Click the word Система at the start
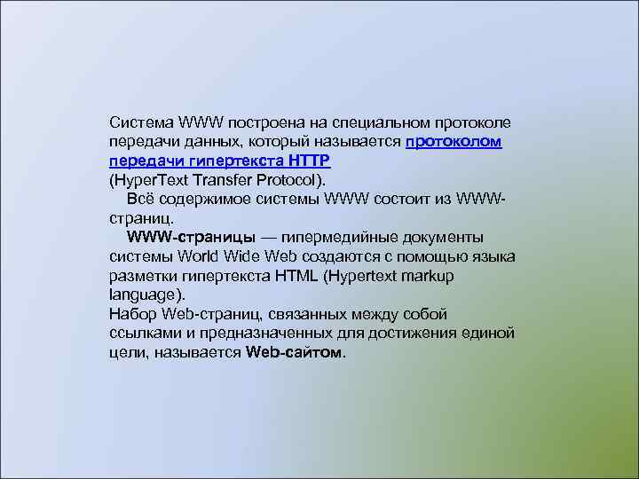(140, 122)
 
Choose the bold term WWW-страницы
(192, 238)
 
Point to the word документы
(442, 238)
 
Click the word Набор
(134, 314)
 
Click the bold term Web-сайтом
(293, 353)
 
